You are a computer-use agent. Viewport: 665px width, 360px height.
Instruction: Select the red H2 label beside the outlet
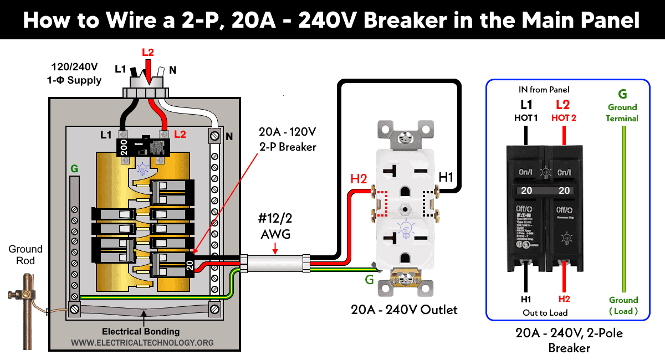click(358, 178)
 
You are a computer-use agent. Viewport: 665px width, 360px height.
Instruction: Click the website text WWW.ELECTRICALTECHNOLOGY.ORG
click(142, 343)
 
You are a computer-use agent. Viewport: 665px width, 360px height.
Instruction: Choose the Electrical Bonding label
click(141, 331)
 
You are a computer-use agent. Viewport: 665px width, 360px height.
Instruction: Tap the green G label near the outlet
click(369, 280)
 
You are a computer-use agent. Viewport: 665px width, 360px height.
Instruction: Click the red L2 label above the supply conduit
click(147, 53)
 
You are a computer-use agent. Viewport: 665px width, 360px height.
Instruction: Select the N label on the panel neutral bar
click(228, 135)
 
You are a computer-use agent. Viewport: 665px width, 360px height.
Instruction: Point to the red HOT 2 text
click(564, 117)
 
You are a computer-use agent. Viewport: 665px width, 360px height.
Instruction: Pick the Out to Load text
click(545, 313)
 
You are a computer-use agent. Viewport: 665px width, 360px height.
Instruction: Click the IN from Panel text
click(544, 90)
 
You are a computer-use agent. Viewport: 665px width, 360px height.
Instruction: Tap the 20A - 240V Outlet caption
click(404, 310)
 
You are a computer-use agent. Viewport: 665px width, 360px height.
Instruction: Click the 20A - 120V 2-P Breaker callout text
click(288, 140)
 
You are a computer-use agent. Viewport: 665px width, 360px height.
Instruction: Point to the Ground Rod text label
click(25, 255)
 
